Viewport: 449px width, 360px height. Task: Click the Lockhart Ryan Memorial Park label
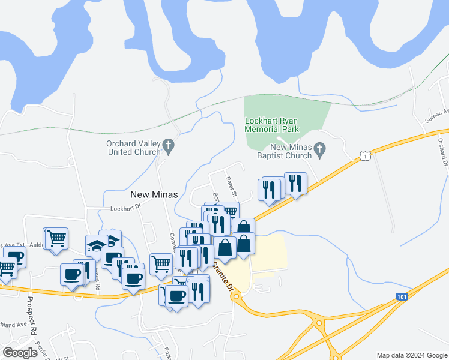[x=280, y=124]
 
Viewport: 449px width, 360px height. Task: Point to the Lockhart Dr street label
[x=125, y=208]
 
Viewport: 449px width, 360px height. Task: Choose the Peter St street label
[x=232, y=185]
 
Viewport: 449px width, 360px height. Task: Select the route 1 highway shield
[x=364, y=156]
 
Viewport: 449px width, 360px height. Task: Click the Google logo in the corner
[x=20, y=353]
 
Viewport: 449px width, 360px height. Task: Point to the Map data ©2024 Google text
[x=412, y=355]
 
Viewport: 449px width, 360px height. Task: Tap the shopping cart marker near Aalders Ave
[x=56, y=238]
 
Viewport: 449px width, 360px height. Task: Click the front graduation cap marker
[x=97, y=245]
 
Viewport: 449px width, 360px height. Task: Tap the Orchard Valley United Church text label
[x=133, y=148]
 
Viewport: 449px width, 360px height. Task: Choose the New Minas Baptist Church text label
[x=292, y=151]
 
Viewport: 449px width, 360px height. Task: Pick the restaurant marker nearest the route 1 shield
[x=295, y=182]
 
